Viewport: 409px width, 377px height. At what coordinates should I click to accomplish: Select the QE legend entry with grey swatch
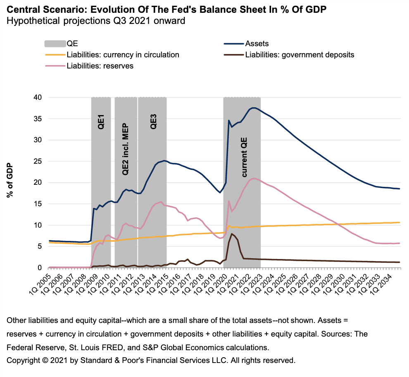pyautogui.click(x=72, y=43)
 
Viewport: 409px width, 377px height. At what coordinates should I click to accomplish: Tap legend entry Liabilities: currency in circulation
pyautogui.click(x=123, y=54)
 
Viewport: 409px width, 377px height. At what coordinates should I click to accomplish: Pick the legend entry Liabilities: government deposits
pyautogui.click(x=300, y=54)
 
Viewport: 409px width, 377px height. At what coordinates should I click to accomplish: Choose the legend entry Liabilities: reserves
pyautogui.click(x=100, y=66)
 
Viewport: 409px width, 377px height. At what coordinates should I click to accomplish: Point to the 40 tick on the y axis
pyautogui.click(x=38, y=97)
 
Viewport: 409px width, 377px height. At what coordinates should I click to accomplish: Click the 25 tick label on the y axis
pyautogui.click(x=38, y=161)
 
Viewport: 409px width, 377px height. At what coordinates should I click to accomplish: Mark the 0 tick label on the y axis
pyautogui.click(x=40, y=268)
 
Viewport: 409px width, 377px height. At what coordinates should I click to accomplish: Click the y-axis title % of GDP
pyautogui.click(x=10, y=180)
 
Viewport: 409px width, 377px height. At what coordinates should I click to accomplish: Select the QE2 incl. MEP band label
pyautogui.click(x=126, y=149)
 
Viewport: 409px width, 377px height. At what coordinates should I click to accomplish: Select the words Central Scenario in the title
pyautogui.click(x=35, y=9)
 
